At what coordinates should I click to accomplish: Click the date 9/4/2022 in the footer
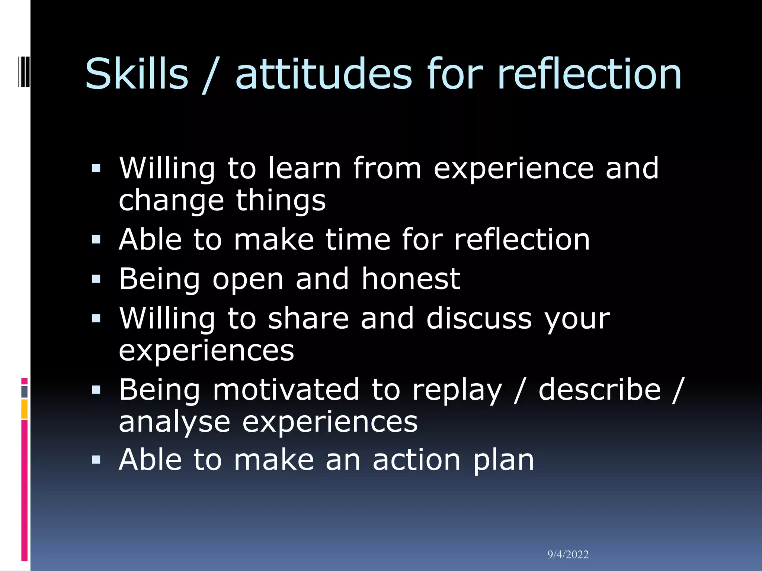click(568, 555)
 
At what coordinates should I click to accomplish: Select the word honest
click(411, 279)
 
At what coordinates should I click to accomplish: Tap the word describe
click(599, 390)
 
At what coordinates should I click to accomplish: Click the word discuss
click(479, 318)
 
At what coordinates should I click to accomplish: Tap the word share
click(308, 318)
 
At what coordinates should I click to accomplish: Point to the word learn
click(304, 168)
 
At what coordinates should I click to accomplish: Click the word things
click(281, 201)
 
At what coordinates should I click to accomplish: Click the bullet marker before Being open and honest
click(96, 279)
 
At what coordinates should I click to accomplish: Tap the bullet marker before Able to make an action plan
click(96, 460)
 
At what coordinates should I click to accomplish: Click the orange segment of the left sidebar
click(24, 409)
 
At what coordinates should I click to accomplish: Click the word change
click(171, 201)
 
